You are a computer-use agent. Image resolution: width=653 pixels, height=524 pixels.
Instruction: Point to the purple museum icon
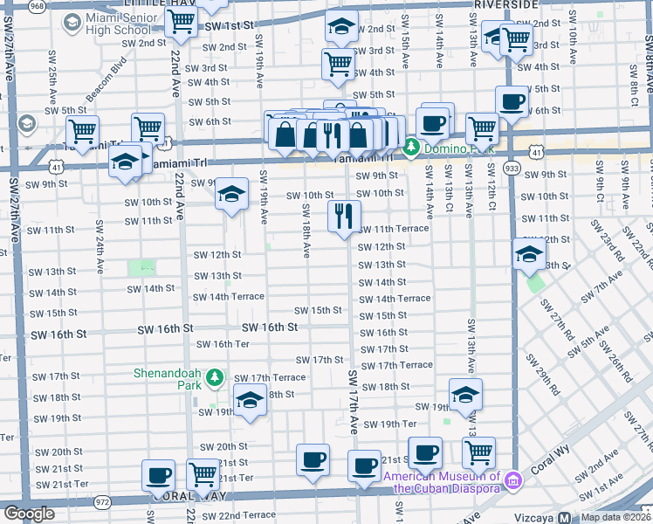pyautogui.click(x=513, y=479)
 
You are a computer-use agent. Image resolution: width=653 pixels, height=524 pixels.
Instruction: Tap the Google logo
pyautogui.click(x=29, y=514)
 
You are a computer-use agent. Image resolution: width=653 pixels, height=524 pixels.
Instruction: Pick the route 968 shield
pyautogui.click(x=38, y=5)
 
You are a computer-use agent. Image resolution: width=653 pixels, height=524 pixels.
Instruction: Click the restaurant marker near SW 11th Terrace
pyautogui.click(x=344, y=215)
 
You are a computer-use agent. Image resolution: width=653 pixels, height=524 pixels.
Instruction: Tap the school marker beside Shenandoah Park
pyautogui.click(x=250, y=402)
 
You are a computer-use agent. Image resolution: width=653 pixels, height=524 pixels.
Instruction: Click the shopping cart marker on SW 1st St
pyautogui.click(x=180, y=23)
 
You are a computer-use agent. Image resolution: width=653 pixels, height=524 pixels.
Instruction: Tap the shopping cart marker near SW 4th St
pyautogui.click(x=337, y=63)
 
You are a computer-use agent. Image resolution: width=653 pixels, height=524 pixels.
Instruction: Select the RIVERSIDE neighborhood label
pyautogui.click(x=506, y=4)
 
